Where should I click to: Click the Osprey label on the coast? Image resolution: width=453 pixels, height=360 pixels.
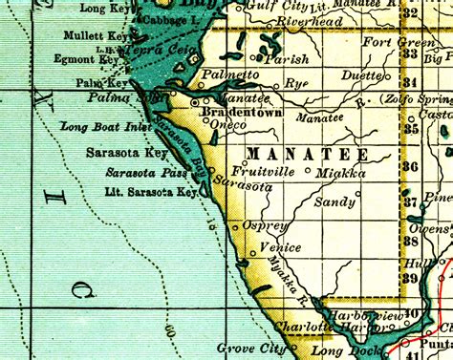click(266, 225)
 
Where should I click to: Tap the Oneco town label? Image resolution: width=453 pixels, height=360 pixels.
click(232, 124)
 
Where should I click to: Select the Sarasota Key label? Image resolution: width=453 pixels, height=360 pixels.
click(128, 151)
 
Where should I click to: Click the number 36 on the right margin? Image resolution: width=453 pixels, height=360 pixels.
click(412, 166)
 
